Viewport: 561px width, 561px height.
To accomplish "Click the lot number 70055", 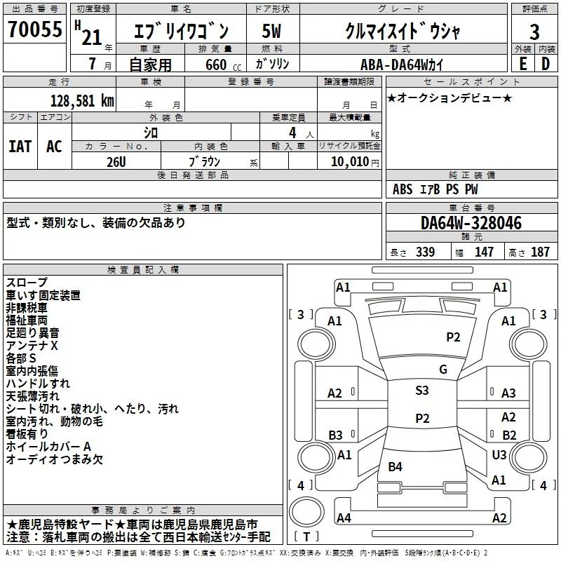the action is pos(35,29).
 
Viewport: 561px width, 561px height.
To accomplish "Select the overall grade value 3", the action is pos(534,32).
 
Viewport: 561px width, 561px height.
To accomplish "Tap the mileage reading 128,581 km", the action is pos(82,101).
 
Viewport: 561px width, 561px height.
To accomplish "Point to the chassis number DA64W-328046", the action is pos(471,222).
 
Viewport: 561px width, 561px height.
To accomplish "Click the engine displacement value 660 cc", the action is pos(223,65).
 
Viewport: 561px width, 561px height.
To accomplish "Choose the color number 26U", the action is pos(116,162).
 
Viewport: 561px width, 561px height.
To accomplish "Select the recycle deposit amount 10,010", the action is pos(350,161).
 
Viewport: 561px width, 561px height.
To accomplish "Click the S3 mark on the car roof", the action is pos(422,390).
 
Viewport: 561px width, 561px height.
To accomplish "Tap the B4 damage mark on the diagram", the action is pos(395,466).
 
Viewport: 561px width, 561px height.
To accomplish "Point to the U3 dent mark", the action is pos(499,454).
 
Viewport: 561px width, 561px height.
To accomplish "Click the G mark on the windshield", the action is pos(443,370).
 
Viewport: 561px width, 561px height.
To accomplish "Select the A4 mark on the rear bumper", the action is pos(344,518).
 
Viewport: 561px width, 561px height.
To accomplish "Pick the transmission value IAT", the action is pos(20,147).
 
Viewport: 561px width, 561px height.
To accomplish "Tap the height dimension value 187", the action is pos(540,252).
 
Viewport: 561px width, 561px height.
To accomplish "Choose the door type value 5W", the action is pos(271,31).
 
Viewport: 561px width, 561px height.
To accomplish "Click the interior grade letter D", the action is pos(546,64).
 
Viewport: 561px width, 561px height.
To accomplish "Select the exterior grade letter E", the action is pos(523,64).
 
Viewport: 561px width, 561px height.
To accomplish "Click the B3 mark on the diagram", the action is pos(336,435).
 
